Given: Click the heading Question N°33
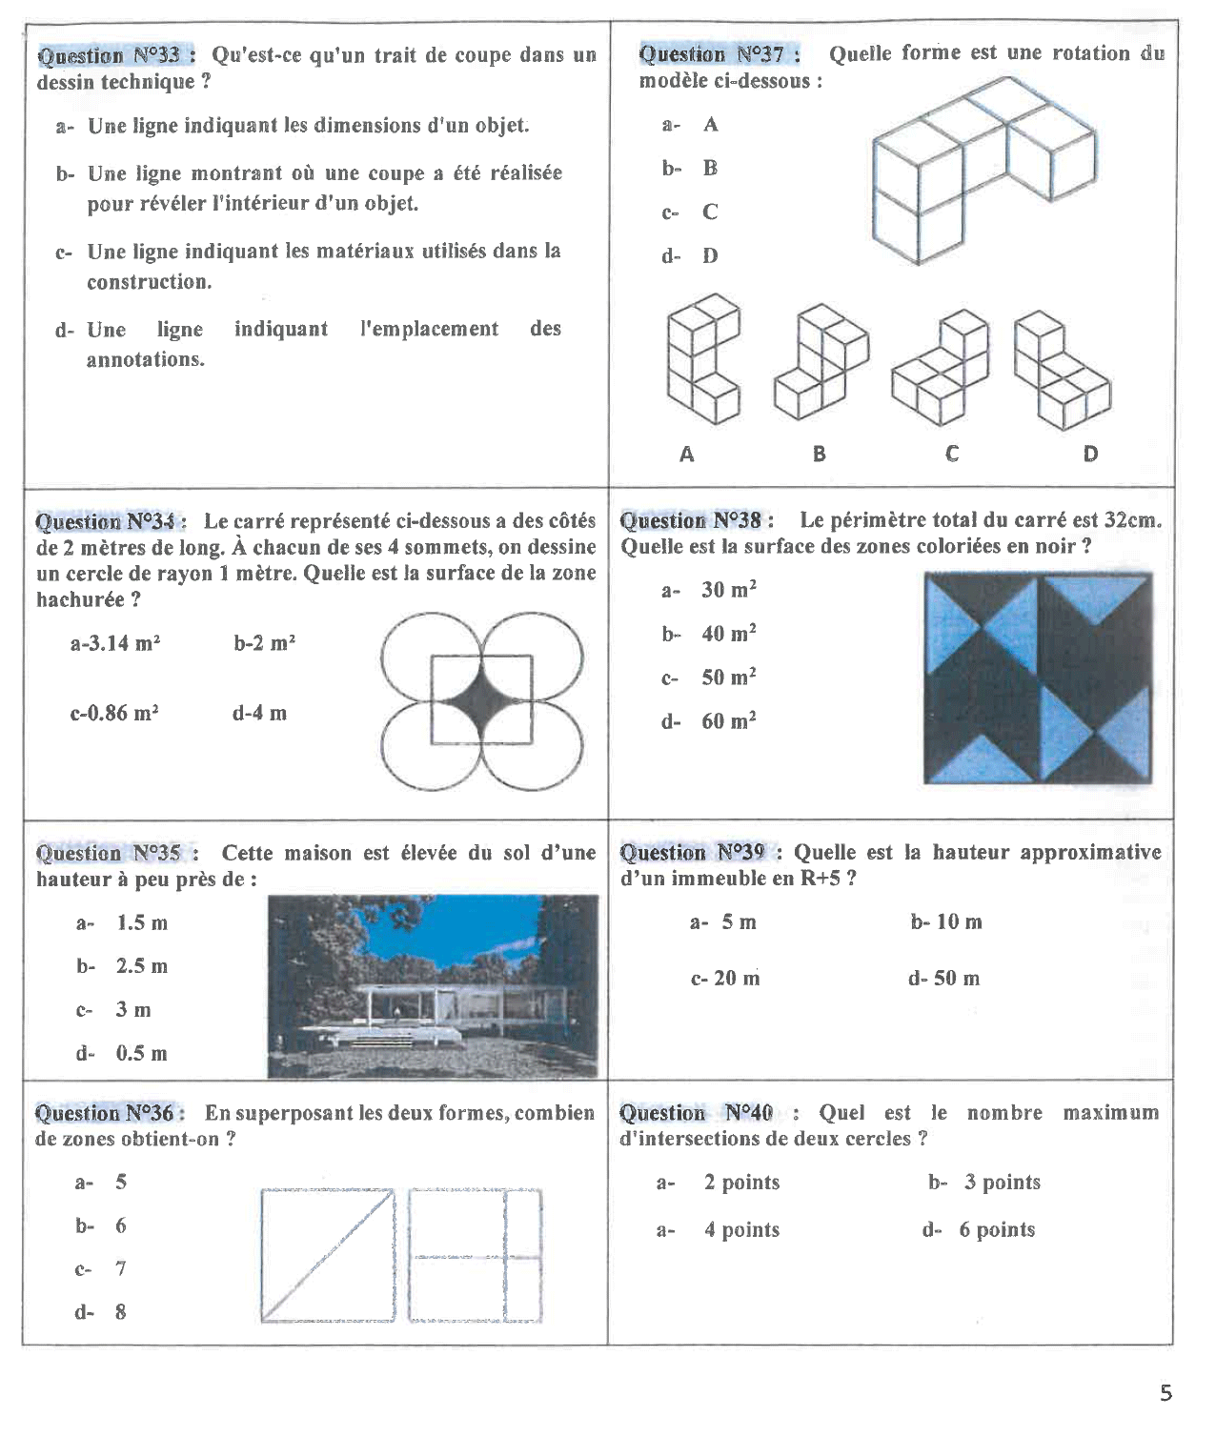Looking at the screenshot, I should click(115, 55).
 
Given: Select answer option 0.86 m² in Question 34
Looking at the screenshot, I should click(114, 713).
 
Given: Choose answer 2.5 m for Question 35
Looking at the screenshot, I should click(141, 966).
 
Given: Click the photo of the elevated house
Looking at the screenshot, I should click(433, 986).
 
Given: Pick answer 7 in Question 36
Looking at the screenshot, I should click(120, 1268).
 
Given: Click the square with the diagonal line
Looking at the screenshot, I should click(328, 1255).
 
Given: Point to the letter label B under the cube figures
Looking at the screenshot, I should click(820, 455).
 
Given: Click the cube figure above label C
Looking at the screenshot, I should click(941, 370).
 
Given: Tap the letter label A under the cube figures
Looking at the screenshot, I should click(687, 455).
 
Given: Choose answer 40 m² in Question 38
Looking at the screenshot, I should click(728, 634).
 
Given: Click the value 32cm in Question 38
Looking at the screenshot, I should click(1132, 520).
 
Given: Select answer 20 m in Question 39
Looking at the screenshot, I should click(726, 978).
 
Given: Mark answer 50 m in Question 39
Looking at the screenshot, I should click(944, 978).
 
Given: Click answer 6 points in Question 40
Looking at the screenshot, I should click(997, 1229).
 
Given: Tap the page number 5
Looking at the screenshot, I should click(1165, 1393).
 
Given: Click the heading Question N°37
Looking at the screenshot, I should click(719, 53).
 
